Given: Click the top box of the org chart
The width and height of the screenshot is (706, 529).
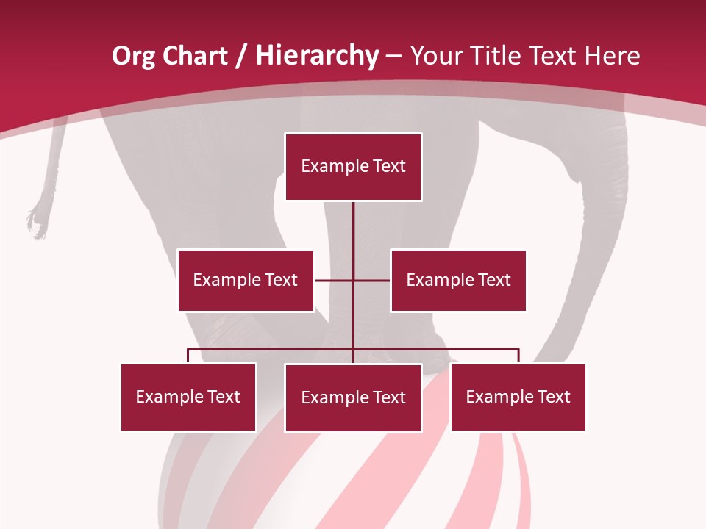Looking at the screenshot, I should (x=353, y=167).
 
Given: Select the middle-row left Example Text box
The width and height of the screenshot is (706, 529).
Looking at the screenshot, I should (x=246, y=280).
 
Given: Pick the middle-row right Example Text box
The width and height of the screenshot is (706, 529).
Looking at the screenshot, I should (x=458, y=280).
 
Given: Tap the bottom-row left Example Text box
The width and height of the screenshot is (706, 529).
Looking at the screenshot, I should (x=188, y=397).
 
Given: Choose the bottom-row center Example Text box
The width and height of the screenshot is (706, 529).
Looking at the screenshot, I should (x=353, y=397).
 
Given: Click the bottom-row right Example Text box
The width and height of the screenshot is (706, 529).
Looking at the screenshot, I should (x=518, y=397).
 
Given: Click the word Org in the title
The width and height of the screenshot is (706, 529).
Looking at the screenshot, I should (x=133, y=56).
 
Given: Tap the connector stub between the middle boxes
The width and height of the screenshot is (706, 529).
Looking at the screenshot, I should (x=353, y=280).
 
